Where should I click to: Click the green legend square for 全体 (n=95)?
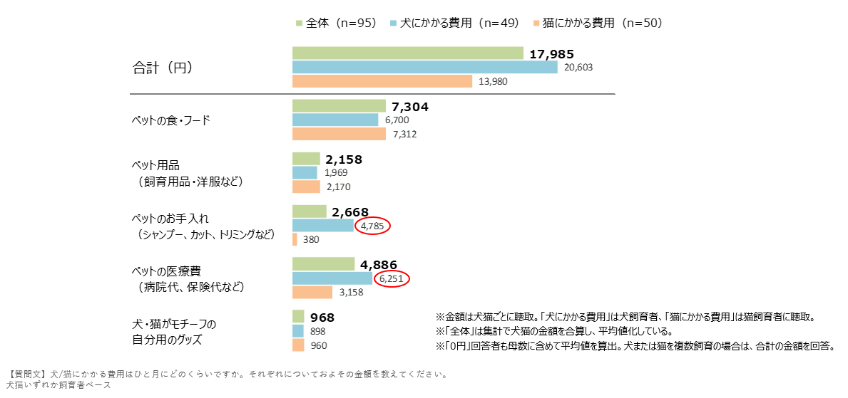299,23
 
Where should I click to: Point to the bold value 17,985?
551,54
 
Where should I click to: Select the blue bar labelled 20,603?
424,67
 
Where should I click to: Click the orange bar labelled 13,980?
382,81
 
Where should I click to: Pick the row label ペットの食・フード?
171,120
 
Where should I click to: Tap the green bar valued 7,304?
339,106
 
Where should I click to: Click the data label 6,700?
397,120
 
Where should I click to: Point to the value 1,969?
335,173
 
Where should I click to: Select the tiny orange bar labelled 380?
294,239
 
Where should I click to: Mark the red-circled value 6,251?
392,279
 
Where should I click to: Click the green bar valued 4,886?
323,264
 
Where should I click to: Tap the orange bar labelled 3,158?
312,292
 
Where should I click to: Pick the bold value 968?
322,317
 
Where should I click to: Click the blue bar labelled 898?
299,331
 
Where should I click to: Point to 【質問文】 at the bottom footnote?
26,374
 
